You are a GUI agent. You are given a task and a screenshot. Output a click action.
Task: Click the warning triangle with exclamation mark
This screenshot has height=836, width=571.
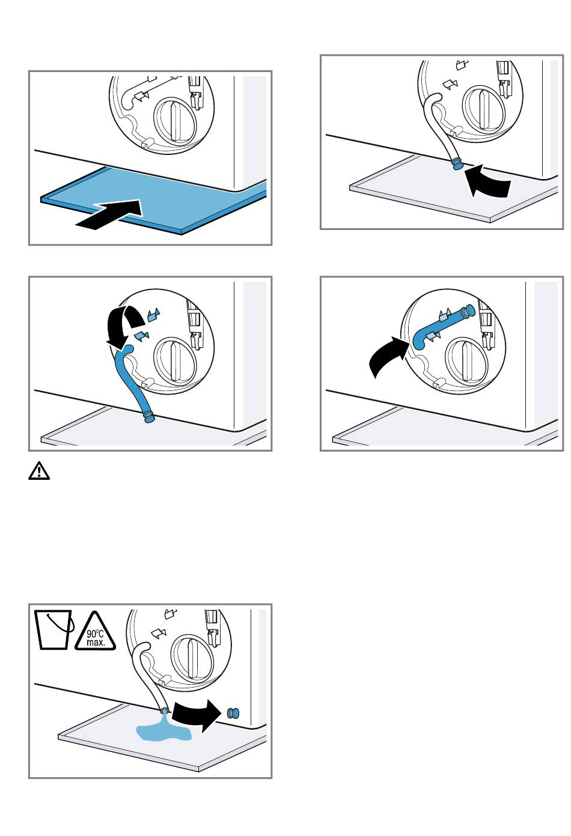click(39, 471)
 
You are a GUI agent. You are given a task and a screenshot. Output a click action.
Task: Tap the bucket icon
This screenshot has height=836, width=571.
click(53, 630)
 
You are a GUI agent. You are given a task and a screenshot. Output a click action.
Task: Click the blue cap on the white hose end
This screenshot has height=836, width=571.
click(457, 164)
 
